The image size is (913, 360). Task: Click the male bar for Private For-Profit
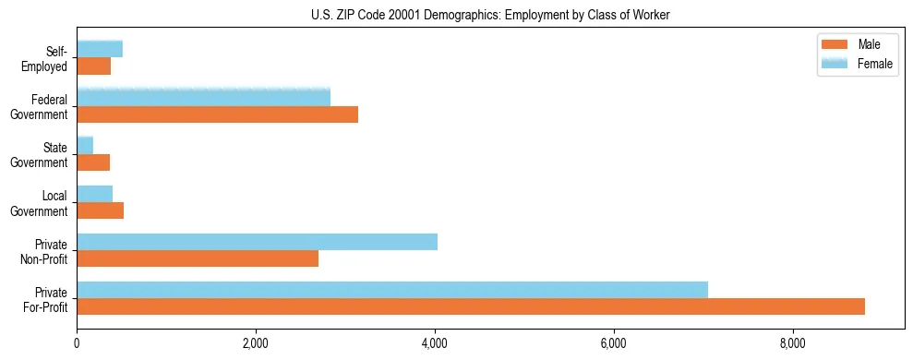pyautogui.click(x=471, y=306)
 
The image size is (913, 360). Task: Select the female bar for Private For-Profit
pyautogui.click(x=392, y=290)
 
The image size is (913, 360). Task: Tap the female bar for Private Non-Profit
pyautogui.click(x=257, y=242)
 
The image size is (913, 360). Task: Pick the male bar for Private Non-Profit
pyautogui.click(x=198, y=258)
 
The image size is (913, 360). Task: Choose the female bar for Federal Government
pyautogui.click(x=203, y=98)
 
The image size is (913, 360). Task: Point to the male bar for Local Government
pyautogui.click(x=100, y=210)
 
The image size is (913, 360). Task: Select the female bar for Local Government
pyautogui.click(x=94, y=194)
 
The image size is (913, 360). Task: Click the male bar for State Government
pyautogui.click(x=93, y=162)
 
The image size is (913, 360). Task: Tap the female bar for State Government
pyautogui.click(x=85, y=146)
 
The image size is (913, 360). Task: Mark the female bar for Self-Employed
pyautogui.click(x=100, y=50)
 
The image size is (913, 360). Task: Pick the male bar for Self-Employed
pyautogui.click(x=93, y=66)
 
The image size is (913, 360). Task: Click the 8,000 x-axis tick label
pyautogui.click(x=793, y=344)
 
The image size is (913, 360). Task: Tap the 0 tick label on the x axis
pyautogui.click(x=77, y=344)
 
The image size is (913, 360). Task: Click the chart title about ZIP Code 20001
pyautogui.click(x=490, y=15)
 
